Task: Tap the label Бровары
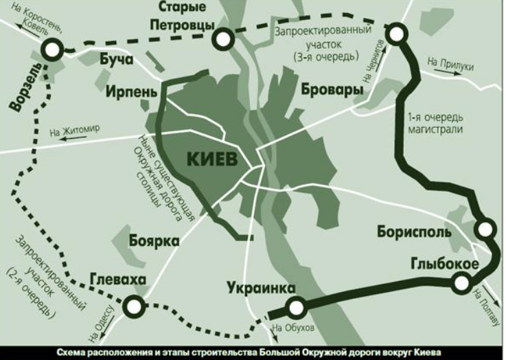330,91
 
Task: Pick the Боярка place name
154,240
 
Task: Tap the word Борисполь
414,232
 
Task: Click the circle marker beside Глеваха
133,306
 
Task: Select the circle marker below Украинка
297,308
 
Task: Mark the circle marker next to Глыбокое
461,281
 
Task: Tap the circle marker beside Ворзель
52,48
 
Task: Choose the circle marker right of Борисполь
485,229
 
